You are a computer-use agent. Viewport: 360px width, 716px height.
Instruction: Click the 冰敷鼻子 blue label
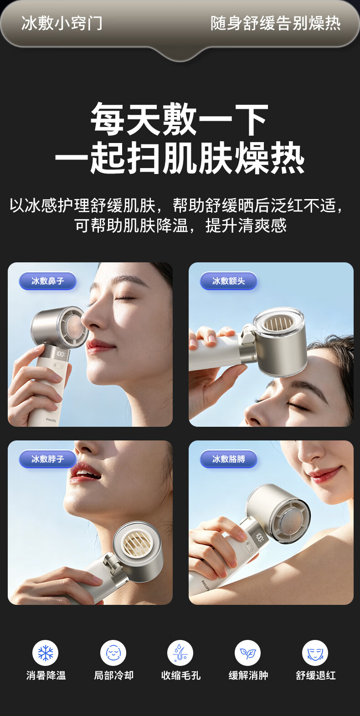point(48,281)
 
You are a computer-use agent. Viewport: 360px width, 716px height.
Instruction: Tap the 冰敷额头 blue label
point(228,281)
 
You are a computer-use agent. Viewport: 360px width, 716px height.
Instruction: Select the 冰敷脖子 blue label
point(48,459)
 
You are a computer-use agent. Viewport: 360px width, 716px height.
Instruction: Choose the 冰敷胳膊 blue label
point(228,459)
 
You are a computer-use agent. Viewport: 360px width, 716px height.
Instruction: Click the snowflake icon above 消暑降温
point(46,653)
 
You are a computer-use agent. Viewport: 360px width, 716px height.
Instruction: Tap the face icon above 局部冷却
point(113,653)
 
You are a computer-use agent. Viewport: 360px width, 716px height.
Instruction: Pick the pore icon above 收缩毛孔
point(180,653)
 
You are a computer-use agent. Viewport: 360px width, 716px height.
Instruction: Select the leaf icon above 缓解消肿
point(248,653)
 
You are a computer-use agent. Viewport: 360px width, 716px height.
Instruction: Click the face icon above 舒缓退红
point(315,653)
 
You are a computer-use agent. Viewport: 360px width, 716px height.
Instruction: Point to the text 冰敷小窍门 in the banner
point(62,23)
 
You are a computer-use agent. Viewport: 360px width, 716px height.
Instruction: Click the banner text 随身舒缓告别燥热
point(276,23)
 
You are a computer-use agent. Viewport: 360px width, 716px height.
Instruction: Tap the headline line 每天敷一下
point(180,119)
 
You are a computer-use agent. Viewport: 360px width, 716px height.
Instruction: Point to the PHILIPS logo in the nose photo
point(51,420)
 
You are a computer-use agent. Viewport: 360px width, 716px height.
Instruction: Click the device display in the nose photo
point(61,354)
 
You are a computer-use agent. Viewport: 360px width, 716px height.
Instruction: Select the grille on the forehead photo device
point(278,324)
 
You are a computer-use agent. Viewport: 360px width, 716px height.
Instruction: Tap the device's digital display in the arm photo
point(259,537)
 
